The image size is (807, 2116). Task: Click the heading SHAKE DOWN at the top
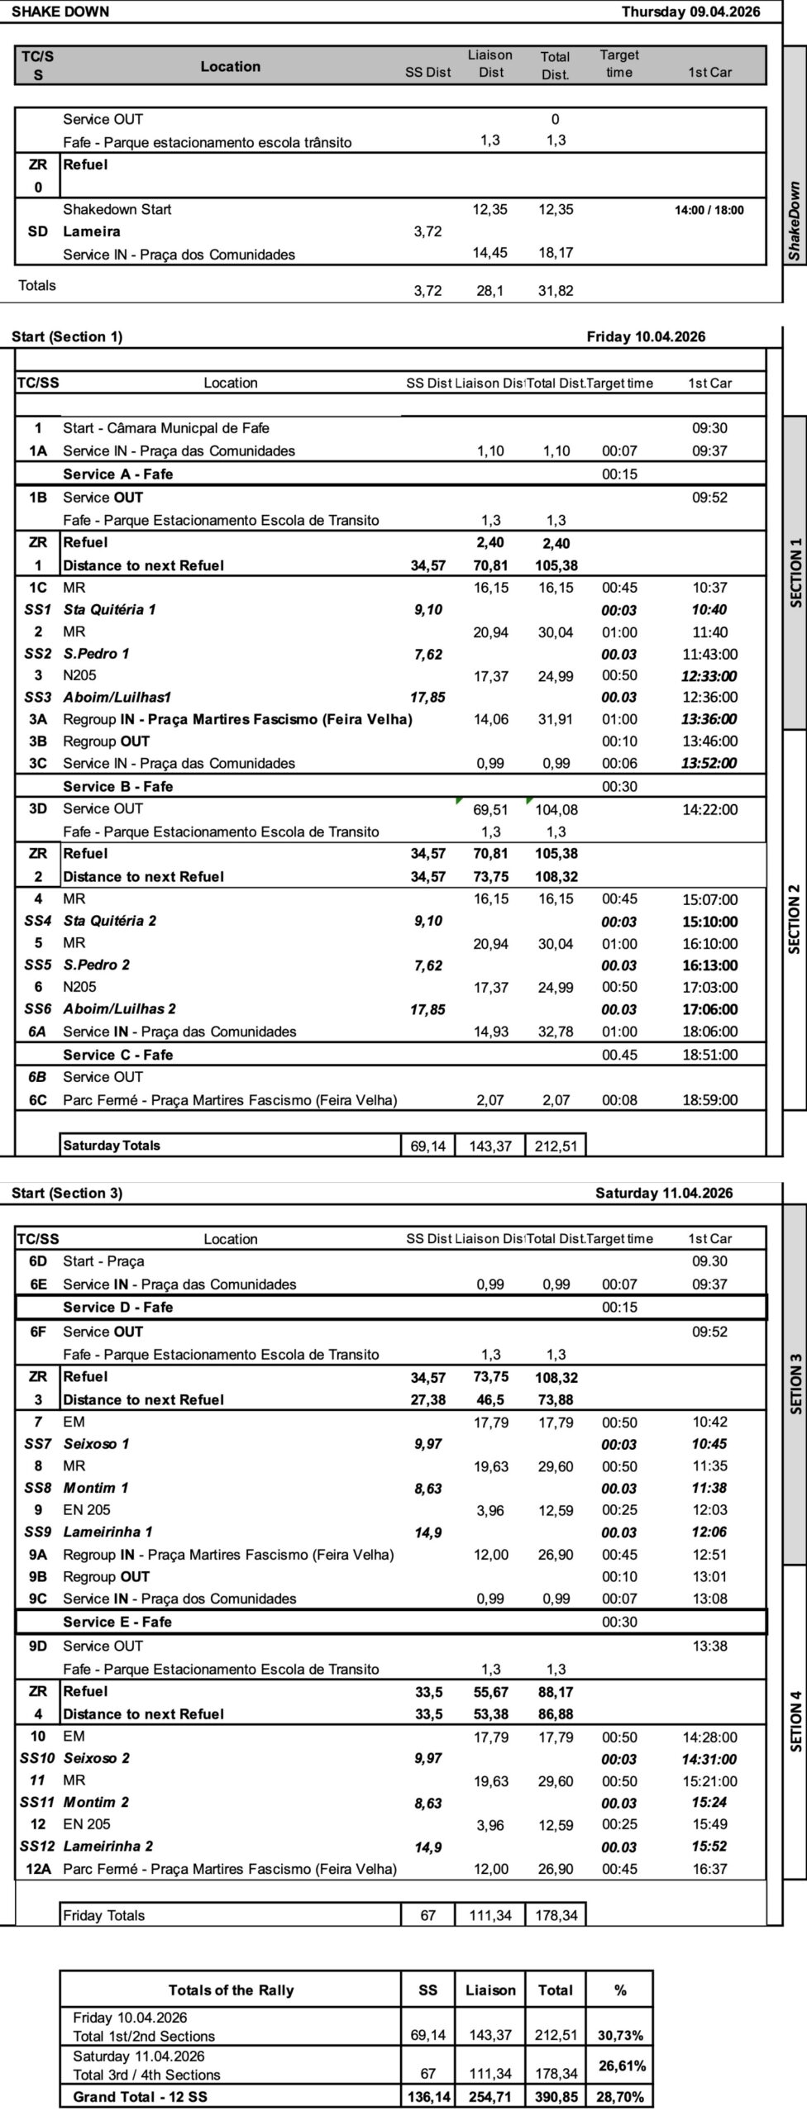click(60, 12)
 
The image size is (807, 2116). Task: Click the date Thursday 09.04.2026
click(690, 12)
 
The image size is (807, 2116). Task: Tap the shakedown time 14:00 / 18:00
click(709, 210)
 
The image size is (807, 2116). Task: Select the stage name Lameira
click(92, 231)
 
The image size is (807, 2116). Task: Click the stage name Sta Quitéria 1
click(109, 610)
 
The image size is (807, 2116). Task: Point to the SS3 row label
click(38, 697)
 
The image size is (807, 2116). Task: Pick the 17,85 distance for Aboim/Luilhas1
click(427, 698)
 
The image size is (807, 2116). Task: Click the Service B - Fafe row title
click(118, 786)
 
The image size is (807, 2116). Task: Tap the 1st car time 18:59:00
click(709, 1100)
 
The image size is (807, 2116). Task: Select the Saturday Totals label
click(112, 1146)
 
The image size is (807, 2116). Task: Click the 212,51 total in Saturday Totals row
click(556, 1146)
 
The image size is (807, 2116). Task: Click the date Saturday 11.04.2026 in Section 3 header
click(663, 1193)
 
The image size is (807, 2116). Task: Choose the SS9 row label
click(38, 1532)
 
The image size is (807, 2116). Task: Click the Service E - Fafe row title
click(117, 1622)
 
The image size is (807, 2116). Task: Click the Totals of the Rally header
click(231, 1990)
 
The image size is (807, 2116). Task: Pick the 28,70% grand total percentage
click(620, 2097)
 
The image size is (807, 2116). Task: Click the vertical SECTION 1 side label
click(796, 573)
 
